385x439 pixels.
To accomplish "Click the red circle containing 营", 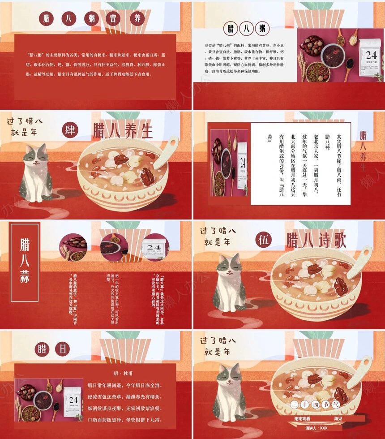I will click(x=112, y=19).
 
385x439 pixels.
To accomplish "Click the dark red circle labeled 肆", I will click(x=71, y=130).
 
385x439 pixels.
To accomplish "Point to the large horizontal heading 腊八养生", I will click(x=123, y=131).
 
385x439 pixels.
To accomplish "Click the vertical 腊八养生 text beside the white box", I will click(x=364, y=151).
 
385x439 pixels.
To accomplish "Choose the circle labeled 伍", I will click(x=264, y=241).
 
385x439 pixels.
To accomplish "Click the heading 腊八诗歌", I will click(x=316, y=241).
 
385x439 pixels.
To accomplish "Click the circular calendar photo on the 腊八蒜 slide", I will click(x=154, y=246).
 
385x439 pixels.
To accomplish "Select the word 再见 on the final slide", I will click(x=338, y=418).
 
